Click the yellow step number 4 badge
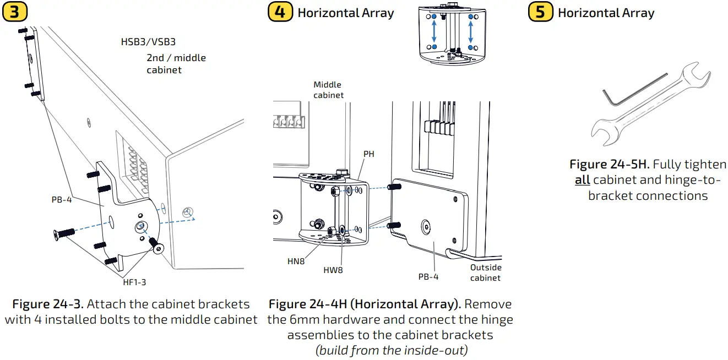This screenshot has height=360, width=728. point(280,12)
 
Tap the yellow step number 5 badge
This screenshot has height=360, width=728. point(540,12)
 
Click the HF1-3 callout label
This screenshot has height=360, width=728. point(134,282)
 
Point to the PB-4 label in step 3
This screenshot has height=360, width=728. point(62,200)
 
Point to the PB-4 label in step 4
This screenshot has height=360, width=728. point(428,276)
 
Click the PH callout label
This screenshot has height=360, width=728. point(368,154)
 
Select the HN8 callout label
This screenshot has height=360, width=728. point(296,261)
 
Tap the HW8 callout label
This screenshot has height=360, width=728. point(333,270)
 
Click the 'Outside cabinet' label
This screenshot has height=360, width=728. point(485,272)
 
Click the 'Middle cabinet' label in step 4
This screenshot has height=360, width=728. point(328,90)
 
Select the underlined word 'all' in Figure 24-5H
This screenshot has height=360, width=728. point(582,180)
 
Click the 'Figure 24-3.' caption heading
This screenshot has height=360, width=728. point(47,304)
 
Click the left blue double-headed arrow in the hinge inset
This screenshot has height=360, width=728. point(434,32)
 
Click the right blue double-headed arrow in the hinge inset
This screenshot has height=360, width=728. point(471,32)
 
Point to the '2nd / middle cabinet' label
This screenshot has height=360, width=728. point(176,64)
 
